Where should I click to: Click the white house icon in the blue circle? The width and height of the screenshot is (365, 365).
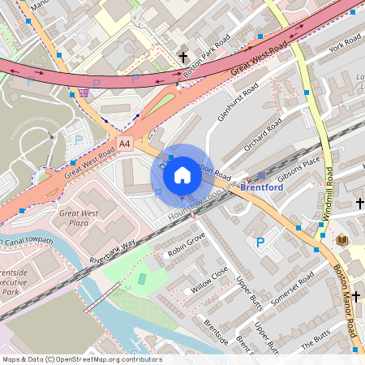[x=182, y=174]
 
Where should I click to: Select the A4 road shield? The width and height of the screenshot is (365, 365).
[x=124, y=143]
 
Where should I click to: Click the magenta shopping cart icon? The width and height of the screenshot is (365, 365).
[x=85, y=92]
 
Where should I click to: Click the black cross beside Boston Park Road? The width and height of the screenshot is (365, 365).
[x=183, y=58]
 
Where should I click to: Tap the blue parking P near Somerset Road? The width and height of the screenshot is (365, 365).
[x=260, y=242]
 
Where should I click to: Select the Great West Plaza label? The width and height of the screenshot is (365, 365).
[x=79, y=217]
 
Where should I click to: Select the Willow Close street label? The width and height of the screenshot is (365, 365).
[x=210, y=280]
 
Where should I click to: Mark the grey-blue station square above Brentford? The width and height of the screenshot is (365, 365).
[x=261, y=175]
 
